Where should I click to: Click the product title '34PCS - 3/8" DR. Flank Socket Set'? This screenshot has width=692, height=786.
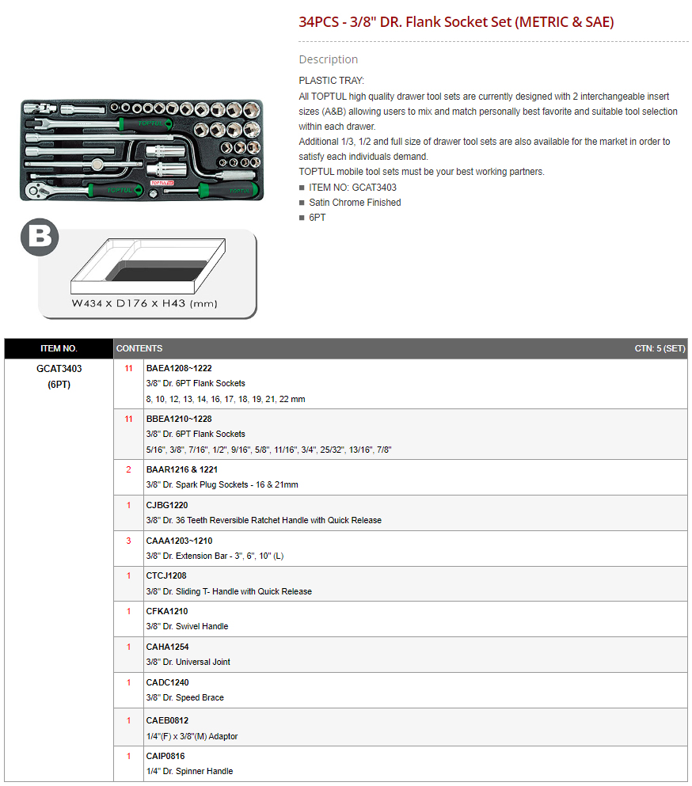point(405,22)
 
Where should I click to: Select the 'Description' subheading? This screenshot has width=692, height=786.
point(328,59)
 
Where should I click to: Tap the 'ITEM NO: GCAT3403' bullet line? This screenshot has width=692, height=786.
point(352,188)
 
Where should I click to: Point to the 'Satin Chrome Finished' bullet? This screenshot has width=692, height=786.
point(355,203)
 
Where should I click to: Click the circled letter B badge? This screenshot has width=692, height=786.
point(40,237)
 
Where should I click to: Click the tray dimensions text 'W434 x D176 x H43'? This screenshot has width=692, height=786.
point(128,303)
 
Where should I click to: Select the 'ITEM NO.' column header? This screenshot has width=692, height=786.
point(59,348)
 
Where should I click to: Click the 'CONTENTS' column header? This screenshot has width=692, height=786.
point(139,348)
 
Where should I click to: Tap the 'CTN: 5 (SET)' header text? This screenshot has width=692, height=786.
point(660,348)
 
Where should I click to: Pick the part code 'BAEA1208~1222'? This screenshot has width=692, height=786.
point(179,368)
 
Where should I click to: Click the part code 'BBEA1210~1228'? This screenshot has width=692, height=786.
point(179,419)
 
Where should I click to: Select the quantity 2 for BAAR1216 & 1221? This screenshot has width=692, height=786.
point(128,469)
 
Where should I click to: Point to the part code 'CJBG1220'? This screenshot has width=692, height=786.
point(167,505)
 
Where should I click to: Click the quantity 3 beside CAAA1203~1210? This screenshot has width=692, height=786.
point(128,541)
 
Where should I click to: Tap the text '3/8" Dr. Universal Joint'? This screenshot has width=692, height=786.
point(188,663)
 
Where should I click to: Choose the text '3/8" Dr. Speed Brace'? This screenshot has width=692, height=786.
point(185,698)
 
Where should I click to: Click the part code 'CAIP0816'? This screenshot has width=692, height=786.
point(165,757)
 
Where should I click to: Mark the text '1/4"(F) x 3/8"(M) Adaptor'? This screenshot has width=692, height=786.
point(192,736)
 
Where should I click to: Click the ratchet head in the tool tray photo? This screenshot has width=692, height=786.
point(35,191)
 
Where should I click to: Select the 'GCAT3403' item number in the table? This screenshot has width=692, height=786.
point(59,369)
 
